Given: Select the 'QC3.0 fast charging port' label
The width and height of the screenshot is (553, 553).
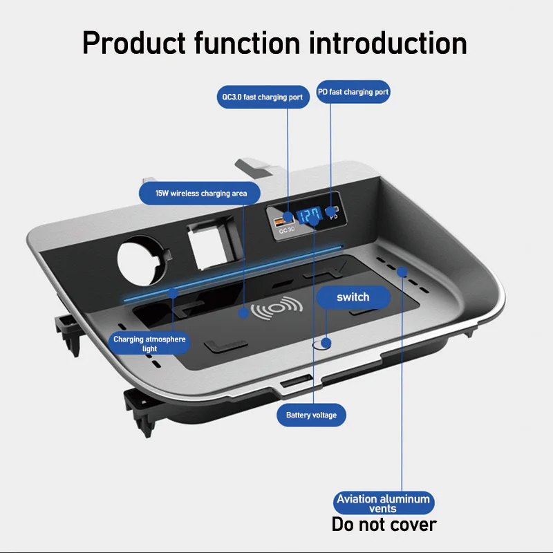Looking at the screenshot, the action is click(x=262, y=97).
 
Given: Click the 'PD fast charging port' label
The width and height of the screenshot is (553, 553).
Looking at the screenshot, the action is click(x=353, y=92).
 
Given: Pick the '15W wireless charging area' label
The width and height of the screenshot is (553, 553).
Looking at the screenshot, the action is click(x=201, y=193).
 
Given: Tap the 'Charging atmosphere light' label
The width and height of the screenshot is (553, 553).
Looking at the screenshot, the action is click(x=149, y=344).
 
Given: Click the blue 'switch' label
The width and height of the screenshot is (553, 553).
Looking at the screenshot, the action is click(x=353, y=297).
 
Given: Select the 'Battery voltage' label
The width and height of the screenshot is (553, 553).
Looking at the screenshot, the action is click(x=311, y=415).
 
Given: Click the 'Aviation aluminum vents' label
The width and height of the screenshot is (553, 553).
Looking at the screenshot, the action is click(x=383, y=503).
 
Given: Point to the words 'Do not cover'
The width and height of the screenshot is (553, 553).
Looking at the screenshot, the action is click(x=384, y=524).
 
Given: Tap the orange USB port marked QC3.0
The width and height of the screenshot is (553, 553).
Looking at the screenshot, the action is click(x=282, y=221).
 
